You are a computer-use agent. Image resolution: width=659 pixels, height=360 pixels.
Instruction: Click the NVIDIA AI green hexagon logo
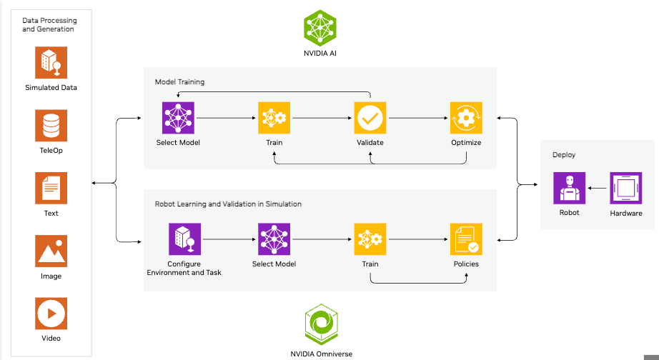[x=320, y=28]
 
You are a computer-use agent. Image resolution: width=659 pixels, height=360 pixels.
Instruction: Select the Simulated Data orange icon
[x=51, y=63]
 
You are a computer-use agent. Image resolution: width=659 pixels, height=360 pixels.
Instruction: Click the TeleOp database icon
[x=51, y=126]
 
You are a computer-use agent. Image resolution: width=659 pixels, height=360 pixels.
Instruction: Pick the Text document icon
[x=51, y=189]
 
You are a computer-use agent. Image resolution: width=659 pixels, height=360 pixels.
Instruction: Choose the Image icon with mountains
[x=51, y=251]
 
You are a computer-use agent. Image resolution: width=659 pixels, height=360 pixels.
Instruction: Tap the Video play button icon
[x=51, y=314]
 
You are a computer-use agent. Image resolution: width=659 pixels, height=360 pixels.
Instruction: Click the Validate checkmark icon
[x=370, y=118]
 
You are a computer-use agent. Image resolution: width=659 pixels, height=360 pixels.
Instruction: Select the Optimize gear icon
[x=466, y=118]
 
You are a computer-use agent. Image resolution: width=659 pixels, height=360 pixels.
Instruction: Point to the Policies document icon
[x=466, y=240]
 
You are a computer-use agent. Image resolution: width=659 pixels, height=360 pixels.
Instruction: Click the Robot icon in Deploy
[x=569, y=188]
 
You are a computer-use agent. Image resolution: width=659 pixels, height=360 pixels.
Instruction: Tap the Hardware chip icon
[x=625, y=189]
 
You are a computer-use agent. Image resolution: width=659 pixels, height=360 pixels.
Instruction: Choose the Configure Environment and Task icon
[x=184, y=240]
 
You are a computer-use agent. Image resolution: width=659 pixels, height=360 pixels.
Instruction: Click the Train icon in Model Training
[x=274, y=118]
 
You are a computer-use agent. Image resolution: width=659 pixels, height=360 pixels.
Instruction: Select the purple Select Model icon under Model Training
[x=178, y=118]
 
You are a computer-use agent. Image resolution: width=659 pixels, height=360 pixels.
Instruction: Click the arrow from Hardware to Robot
[x=598, y=189]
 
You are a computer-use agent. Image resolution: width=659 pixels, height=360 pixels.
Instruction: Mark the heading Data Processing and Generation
[x=48, y=24]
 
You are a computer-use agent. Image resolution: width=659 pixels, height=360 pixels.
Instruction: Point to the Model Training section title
[x=179, y=82]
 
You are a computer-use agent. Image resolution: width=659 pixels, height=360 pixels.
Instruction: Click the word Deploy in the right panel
[x=563, y=154]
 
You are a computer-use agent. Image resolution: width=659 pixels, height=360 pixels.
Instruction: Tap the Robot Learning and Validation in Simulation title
[x=228, y=204]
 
